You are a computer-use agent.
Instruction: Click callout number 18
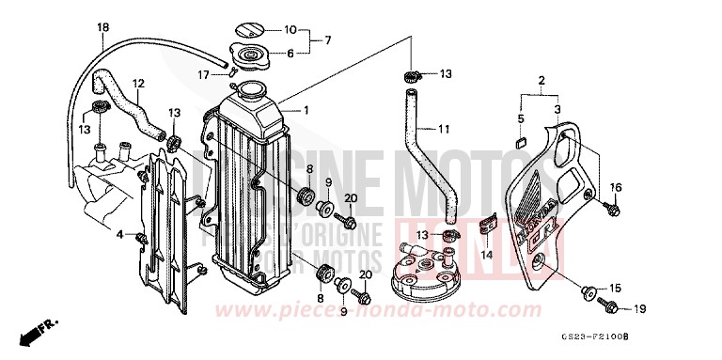click(102, 27)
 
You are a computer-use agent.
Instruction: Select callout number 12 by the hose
click(137, 83)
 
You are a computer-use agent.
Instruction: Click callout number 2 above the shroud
click(541, 81)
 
